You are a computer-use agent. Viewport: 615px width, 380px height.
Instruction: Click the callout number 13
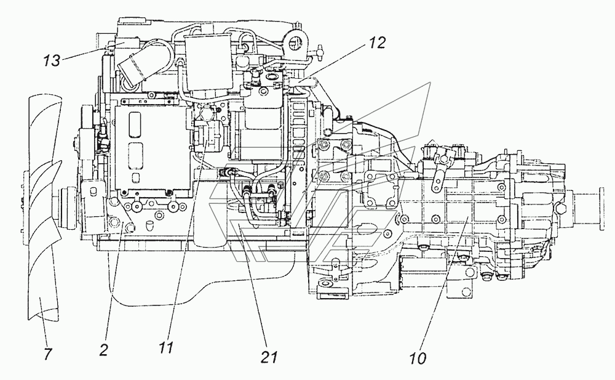pyautogui.click(x=52, y=61)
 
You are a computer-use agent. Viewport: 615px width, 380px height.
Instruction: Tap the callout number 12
pyautogui.click(x=377, y=42)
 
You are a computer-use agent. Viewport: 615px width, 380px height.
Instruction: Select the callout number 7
pyautogui.click(x=47, y=354)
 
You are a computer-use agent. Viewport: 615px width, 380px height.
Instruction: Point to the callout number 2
pyautogui.click(x=103, y=350)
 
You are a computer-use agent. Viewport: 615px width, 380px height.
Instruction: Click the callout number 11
pyautogui.click(x=166, y=347)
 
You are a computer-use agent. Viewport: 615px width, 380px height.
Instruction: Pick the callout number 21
pyautogui.click(x=269, y=357)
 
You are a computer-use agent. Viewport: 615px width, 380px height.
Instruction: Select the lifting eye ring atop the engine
pyautogui.click(x=297, y=42)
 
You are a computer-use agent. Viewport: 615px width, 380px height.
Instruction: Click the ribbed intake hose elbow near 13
pyautogui.click(x=137, y=70)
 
